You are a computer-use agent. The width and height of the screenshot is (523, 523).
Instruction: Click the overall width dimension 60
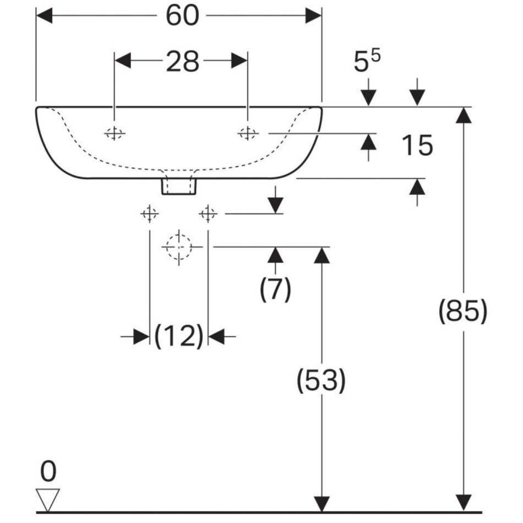[182, 16]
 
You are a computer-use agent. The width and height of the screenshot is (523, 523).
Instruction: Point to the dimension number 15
[417, 146]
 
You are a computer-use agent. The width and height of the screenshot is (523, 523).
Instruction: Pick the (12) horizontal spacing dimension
[179, 336]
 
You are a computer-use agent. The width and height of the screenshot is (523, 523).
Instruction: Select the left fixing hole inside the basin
[115, 133]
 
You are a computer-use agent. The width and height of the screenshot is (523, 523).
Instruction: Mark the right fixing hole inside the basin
[247, 133]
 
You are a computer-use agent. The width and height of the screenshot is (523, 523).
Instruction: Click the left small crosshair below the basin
[150, 214]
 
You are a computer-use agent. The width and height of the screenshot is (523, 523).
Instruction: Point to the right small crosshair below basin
[208, 214]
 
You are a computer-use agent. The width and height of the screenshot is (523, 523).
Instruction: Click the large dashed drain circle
[178, 247]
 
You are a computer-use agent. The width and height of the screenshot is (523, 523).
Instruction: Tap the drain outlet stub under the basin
[178, 186]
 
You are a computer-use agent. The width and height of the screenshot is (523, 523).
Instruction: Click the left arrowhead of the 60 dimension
[44, 16]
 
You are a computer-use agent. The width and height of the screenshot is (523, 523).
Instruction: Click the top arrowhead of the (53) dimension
[321, 255]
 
